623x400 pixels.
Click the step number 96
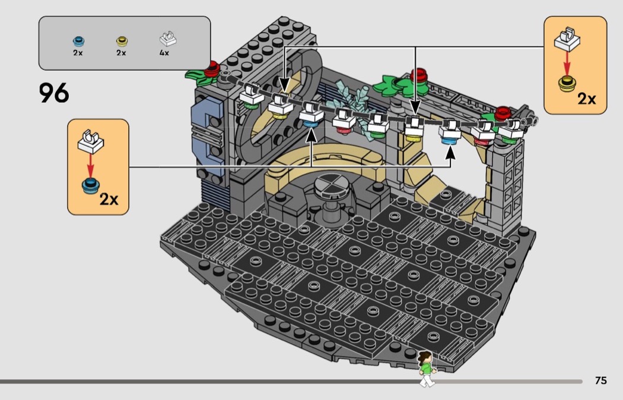click(x=54, y=93)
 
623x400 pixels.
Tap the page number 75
click(x=600, y=381)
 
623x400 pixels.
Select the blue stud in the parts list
click(x=78, y=41)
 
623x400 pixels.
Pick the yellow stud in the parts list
click(x=121, y=41)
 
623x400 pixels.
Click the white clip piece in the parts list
click(x=165, y=39)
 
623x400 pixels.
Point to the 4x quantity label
click(x=164, y=53)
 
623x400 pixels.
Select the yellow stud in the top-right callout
click(x=567, y=84)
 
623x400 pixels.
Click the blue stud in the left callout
click(x=90, y=185)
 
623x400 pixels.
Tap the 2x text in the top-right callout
click(x=586, y=99)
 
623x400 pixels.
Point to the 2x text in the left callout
click(x=109, y=199)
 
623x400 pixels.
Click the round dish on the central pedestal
click(x=330, y=186)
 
